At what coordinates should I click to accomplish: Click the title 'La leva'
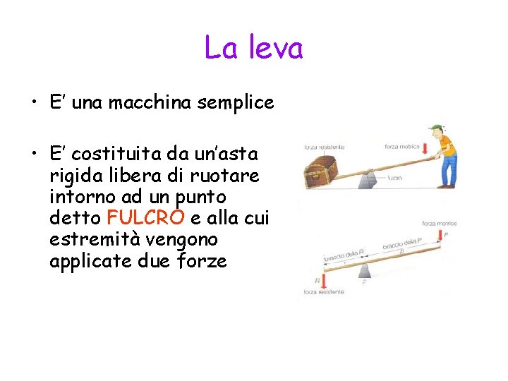point(253,48)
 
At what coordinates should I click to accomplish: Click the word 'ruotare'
point(230,175)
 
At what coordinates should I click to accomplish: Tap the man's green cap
point(437,130)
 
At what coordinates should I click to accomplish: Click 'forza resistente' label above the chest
point(324,147)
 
